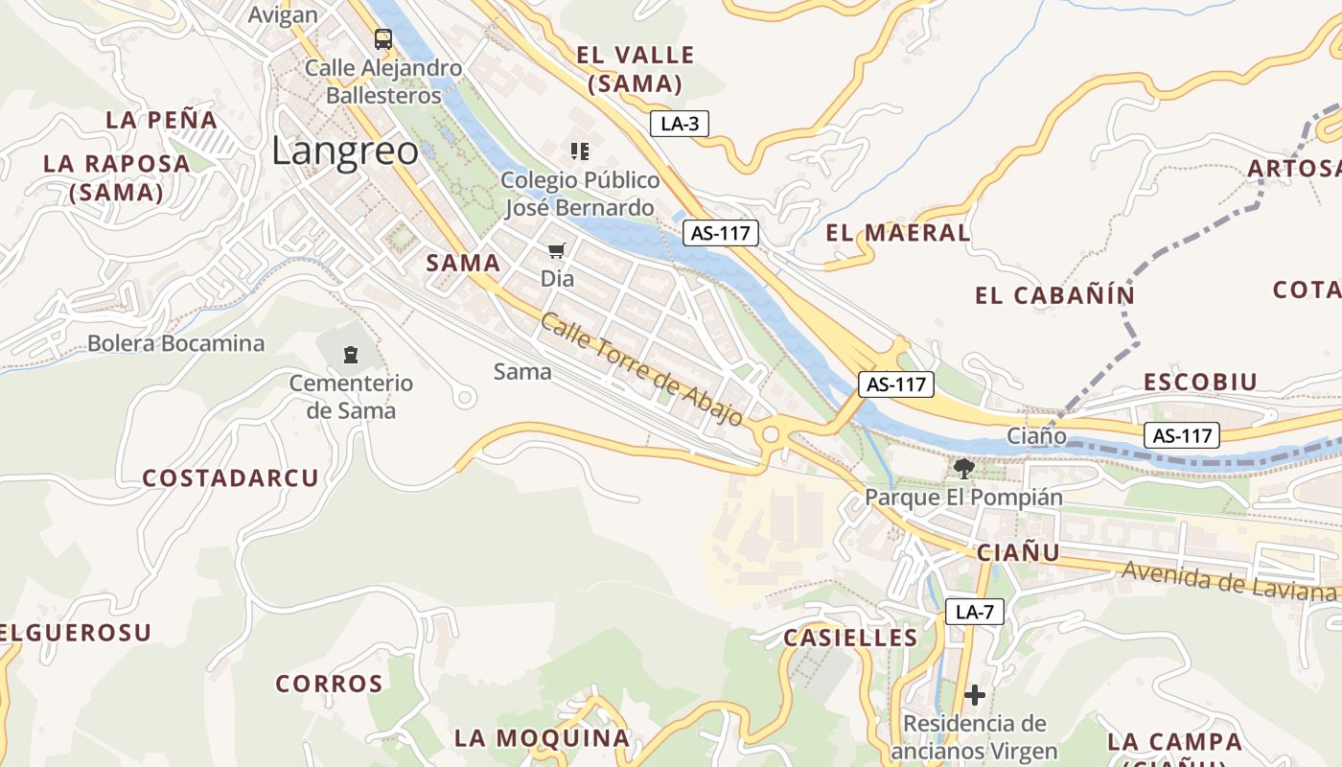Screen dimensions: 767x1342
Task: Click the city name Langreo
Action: pos(345,151)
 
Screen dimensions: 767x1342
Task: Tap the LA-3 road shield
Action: pos(679,124)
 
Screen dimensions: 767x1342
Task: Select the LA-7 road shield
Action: pos(975,612)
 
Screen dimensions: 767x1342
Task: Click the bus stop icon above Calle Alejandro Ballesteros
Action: pos(383,39)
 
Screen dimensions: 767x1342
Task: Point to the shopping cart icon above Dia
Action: pos(557,251)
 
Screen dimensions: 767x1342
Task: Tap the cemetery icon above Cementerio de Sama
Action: pos(351,355)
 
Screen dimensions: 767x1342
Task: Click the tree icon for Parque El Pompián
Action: pos(964,469)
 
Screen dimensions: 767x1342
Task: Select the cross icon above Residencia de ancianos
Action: pos(975,694)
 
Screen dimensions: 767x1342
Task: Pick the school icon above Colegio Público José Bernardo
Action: pos(579,151)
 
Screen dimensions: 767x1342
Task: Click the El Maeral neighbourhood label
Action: pos(898,233)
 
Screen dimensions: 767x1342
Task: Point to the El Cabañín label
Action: pos(1054,295)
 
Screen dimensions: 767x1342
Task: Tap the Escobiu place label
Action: pos(1199,382)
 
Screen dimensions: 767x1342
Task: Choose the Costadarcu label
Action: pos(230,478)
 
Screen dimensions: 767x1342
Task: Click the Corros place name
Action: pos(329,684)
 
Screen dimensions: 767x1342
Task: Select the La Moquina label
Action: pos(542,738)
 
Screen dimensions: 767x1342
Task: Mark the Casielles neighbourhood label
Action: pos(850,638)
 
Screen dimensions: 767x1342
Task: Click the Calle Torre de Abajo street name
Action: pos(641,369)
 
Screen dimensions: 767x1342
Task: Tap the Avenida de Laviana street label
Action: pos(1228,580)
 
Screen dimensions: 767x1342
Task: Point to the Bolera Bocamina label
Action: pos(175,343)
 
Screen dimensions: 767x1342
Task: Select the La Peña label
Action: pos(161,120)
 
